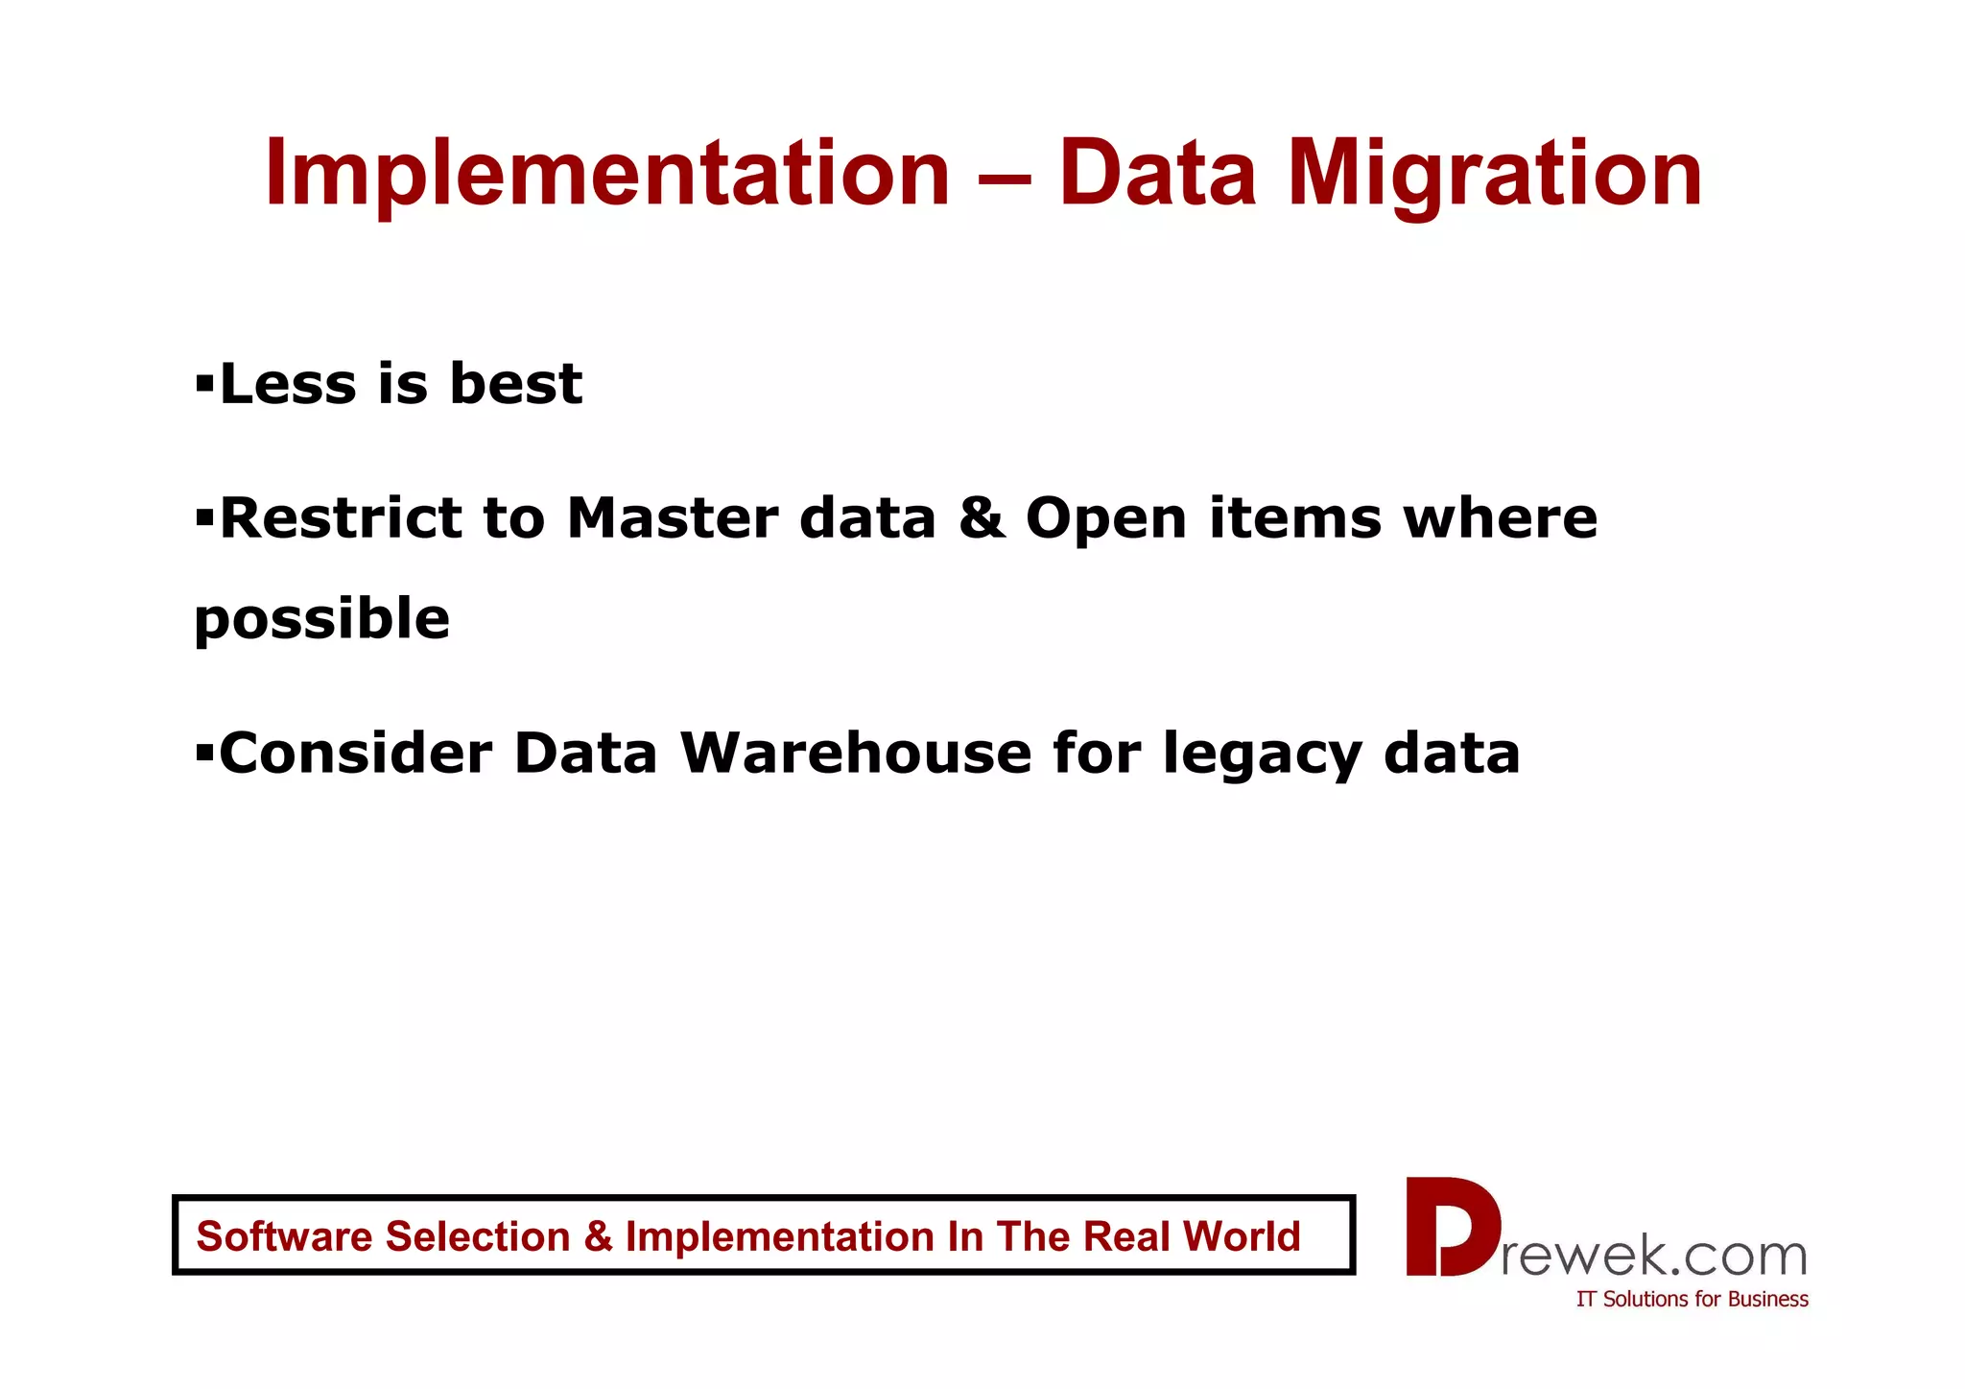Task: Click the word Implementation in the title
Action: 606,174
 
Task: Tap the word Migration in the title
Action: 1494,174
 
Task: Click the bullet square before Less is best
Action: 203,384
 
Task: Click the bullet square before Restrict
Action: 203,518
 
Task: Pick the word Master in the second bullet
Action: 672,518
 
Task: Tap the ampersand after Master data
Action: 981,518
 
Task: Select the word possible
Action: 321,619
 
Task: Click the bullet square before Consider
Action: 203,753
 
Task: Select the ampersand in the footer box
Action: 598,1236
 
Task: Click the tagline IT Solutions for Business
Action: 1692,1299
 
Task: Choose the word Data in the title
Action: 1156,174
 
